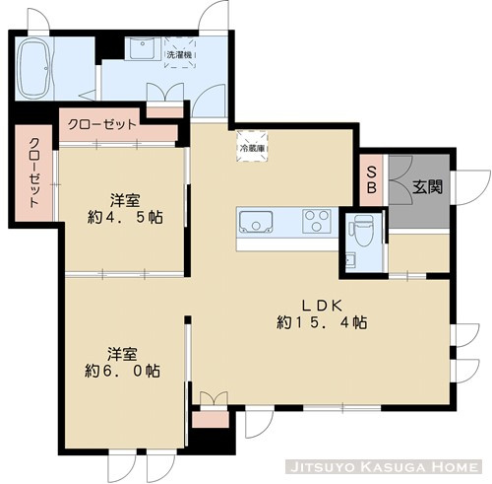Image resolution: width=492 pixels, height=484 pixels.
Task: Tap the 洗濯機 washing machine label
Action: pos(179,55)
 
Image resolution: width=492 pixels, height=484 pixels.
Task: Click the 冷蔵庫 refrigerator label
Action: pos(251,150)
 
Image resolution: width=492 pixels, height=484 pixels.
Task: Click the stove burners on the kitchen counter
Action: pos(317,220)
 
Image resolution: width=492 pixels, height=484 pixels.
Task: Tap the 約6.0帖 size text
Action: pos(122,372)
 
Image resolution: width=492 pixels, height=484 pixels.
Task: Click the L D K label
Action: pos(323,303)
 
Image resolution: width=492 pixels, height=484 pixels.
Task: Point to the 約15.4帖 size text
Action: pos(323,322)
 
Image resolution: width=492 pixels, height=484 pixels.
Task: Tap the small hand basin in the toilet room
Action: pos(350,260)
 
